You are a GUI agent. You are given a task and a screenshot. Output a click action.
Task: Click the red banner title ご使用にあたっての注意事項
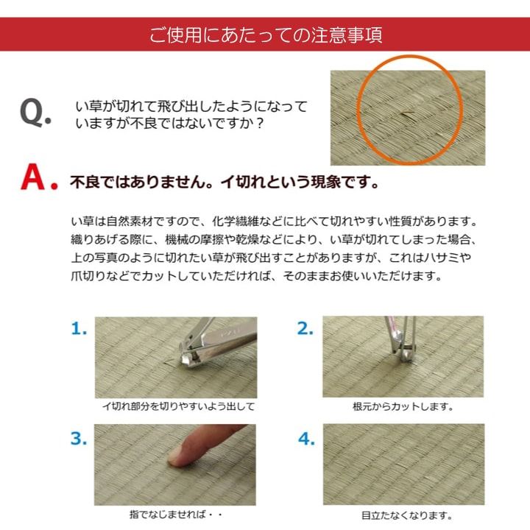(x=265, y=35)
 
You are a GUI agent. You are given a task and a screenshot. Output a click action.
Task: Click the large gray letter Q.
(x=35, y=114)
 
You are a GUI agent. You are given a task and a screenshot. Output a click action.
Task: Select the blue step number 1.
(x=79, y=329)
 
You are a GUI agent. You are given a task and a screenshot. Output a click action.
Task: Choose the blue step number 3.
(x=79, y=439)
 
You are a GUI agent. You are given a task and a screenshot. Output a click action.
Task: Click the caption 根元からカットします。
(x=403, y=406)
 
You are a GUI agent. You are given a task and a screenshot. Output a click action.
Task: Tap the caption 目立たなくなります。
(x=403, y=516)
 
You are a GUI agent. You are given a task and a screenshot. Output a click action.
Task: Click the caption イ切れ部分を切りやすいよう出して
(x=178, y=406)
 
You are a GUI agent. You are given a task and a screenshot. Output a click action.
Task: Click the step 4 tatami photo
(x=403, y=464)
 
